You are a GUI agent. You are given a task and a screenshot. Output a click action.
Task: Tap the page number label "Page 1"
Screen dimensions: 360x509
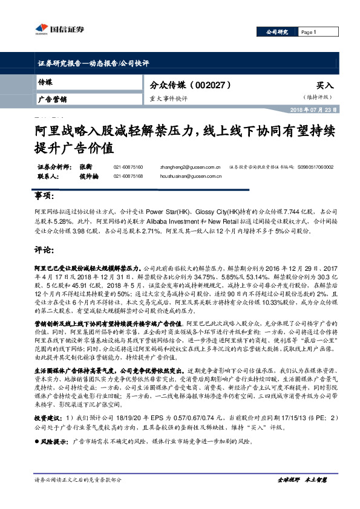coord(309,33)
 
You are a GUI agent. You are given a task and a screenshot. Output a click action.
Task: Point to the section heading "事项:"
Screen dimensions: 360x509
coord(44,197)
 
